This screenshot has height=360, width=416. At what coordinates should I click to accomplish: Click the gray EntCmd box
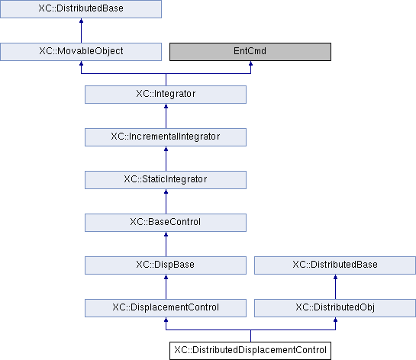click(250, 52)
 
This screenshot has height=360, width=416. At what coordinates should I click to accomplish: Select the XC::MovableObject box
click(81, 52)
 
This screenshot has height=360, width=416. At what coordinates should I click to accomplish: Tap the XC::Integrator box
click(166, 95)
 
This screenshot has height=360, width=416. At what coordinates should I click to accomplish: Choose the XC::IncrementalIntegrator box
click(166, 137)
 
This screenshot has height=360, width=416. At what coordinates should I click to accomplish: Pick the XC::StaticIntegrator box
click(166, 180)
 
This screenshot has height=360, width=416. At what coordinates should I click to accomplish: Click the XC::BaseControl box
click(166, 223)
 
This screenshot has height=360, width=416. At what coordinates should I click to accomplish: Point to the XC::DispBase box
click(166, 265)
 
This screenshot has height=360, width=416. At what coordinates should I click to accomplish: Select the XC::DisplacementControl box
click(166, 308)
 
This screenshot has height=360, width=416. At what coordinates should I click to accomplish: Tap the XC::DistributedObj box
click(335, 308)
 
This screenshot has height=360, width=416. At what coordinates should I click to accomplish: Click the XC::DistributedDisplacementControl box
click(250, 351)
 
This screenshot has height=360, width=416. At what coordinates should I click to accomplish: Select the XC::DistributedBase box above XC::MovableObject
click(81, 9)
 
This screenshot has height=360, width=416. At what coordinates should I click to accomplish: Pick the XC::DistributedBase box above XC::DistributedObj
click(335, 265)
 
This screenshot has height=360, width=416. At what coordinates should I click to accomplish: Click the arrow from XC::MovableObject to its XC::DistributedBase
click(81, 31)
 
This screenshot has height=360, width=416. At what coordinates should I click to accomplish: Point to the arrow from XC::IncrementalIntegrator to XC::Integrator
click(166, 116)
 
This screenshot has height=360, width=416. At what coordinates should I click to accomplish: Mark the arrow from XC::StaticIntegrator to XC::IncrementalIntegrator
click(166, 159)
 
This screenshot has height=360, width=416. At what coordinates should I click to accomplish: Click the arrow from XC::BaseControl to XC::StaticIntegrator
click(166, 201)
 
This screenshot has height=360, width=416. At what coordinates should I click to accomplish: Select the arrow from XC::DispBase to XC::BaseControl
click(166, 244)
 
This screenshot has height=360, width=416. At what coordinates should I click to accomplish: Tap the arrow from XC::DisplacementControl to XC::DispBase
click(166, 287)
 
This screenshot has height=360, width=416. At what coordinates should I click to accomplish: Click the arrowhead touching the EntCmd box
click(250, 63)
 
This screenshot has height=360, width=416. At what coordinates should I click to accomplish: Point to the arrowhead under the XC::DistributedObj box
click(335, 320)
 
